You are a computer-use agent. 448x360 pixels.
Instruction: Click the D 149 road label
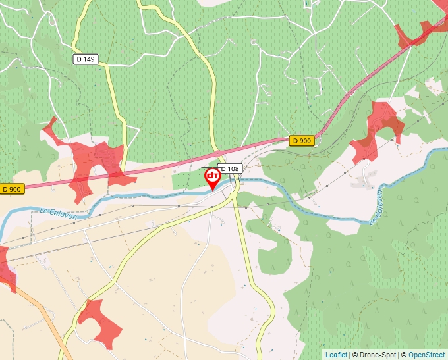(x=86, y=59)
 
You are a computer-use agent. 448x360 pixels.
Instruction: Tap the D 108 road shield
(x=230, y=168)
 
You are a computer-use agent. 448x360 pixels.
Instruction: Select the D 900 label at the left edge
(x=12, y=189)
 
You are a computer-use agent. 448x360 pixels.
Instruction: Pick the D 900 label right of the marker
(x=302, y=141)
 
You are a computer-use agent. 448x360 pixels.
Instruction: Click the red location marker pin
(x=212, y=178)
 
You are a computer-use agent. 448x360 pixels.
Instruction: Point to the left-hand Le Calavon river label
(x=59, y=213)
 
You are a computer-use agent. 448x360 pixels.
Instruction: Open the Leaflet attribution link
(x=336, y=355)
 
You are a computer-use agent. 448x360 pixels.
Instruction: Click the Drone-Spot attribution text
(x=375, y=355)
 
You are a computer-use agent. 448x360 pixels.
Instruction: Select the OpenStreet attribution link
(x=426, y=355)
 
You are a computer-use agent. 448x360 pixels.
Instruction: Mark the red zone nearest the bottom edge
(x=100, y=322)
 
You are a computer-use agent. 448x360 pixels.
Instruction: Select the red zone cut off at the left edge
(x=5, y=267)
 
